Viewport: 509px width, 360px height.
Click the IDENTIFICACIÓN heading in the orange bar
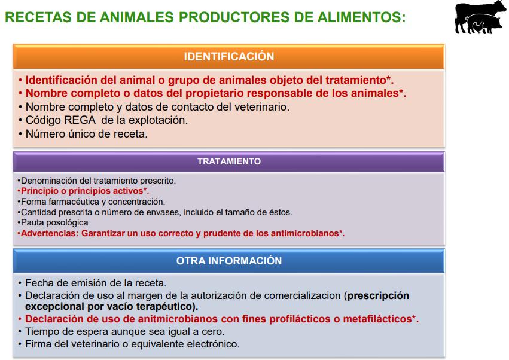point(229,56)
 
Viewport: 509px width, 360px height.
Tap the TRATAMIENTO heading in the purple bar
point(229,161)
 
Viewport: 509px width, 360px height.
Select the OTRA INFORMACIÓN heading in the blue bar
point(229,261)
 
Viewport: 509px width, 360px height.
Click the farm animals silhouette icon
point(480,17)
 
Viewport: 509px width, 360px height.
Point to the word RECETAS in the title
point(38,17)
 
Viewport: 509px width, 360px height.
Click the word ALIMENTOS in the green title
point(361,17)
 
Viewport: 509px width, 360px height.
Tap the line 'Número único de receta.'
point(86,134)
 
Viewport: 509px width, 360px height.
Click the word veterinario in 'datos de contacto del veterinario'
point(261,107)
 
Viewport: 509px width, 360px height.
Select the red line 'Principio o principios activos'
point(84,191)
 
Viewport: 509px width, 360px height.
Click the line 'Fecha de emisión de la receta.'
point(96,283)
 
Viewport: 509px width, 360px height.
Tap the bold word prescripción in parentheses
point(378,296)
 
